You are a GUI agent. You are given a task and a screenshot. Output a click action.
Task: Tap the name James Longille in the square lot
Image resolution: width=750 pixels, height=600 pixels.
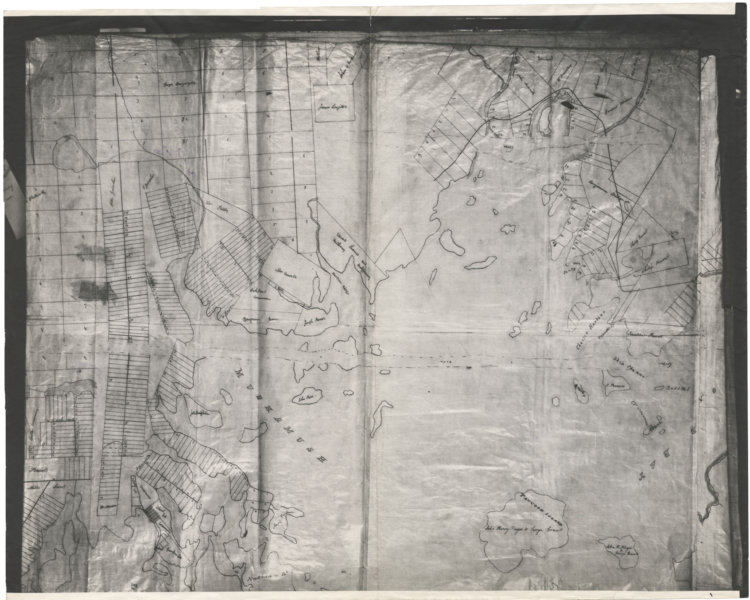click(334, 106)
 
